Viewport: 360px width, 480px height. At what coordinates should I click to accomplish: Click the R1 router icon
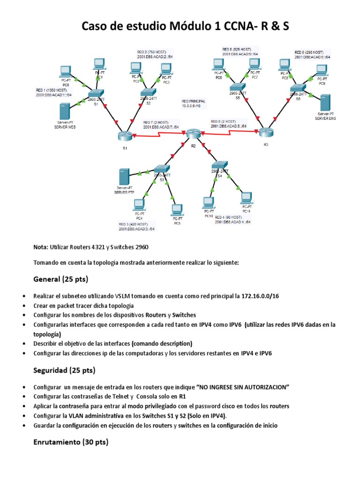pyautogui.click(x=125, y=136)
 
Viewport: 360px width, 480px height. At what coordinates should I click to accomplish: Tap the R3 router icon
pyautogui.click(x=266, y=132)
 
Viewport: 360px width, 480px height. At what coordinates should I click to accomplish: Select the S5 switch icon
pyautogui.click(x=238, y=88)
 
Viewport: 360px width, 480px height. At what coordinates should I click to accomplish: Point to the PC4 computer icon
pyautogui.click(x=139, y=205)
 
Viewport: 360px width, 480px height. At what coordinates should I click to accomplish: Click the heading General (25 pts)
pyautogui.click(x=61, y=279)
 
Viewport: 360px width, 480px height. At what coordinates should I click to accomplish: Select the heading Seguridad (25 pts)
pyautogui.click(x=64, y=370)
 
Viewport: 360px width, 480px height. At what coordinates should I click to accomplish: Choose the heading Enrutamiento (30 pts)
pyautogui.click(x=71, y=442)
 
